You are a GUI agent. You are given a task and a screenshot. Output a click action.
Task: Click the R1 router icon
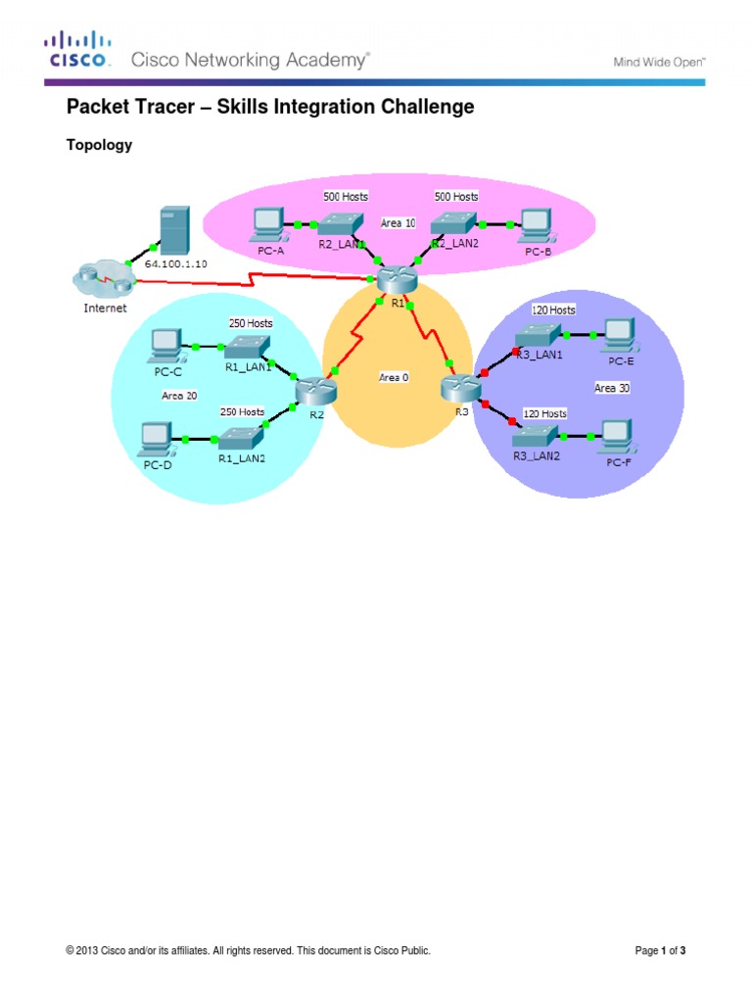pos(396,280)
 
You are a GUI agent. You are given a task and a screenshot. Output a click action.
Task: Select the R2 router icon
pos(316,391)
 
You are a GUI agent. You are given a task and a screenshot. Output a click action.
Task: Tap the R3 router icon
pos(458,388)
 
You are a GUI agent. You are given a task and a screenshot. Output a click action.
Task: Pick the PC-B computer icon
pos(535,225)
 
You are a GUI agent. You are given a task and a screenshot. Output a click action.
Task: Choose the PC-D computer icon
pos(157,437)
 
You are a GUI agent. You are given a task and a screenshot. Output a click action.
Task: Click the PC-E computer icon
pos(619,335)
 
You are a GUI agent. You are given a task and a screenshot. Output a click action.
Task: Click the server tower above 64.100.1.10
pos(174,230)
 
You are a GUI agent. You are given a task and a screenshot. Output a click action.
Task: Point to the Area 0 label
pos(394,376)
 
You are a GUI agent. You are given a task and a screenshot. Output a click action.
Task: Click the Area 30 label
pos(613,389)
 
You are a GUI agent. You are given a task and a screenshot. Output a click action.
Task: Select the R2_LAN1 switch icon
pos(344,224)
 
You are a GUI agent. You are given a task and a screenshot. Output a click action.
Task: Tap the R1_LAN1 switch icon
pos(246,346)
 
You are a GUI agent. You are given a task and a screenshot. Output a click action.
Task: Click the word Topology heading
pos(99,145)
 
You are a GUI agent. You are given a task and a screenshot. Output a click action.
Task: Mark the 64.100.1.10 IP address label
pos(177,264)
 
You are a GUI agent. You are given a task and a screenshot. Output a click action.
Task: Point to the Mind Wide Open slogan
pos(659,61)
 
